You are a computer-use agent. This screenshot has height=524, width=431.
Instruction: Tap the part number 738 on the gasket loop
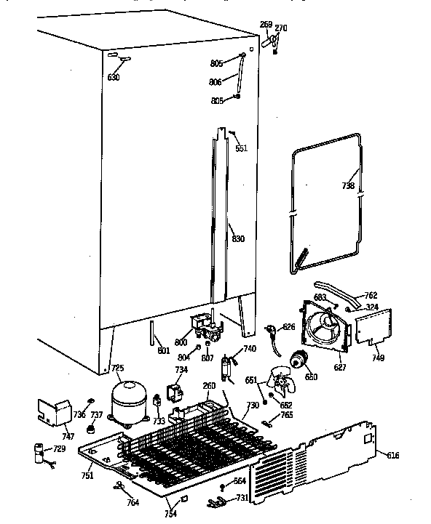click(x=348, y=186)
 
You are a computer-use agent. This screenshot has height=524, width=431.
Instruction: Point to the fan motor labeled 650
click(x=298, y=360)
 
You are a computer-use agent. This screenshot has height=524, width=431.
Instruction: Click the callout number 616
click(x=392, y=456)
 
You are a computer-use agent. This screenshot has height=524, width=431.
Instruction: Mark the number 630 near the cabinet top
click(x=114, y=78)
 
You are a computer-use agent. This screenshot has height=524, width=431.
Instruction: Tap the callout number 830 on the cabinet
click(x=238, y=239)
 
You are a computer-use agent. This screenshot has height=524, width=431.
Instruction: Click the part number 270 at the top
click(x=281, y=28)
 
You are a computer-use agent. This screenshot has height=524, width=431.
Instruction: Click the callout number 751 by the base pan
click(x=87, y=476)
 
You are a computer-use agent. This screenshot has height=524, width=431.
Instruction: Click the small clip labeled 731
click(x=215, y=501)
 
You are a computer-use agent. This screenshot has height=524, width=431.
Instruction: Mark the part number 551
click(x=241, y=148)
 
